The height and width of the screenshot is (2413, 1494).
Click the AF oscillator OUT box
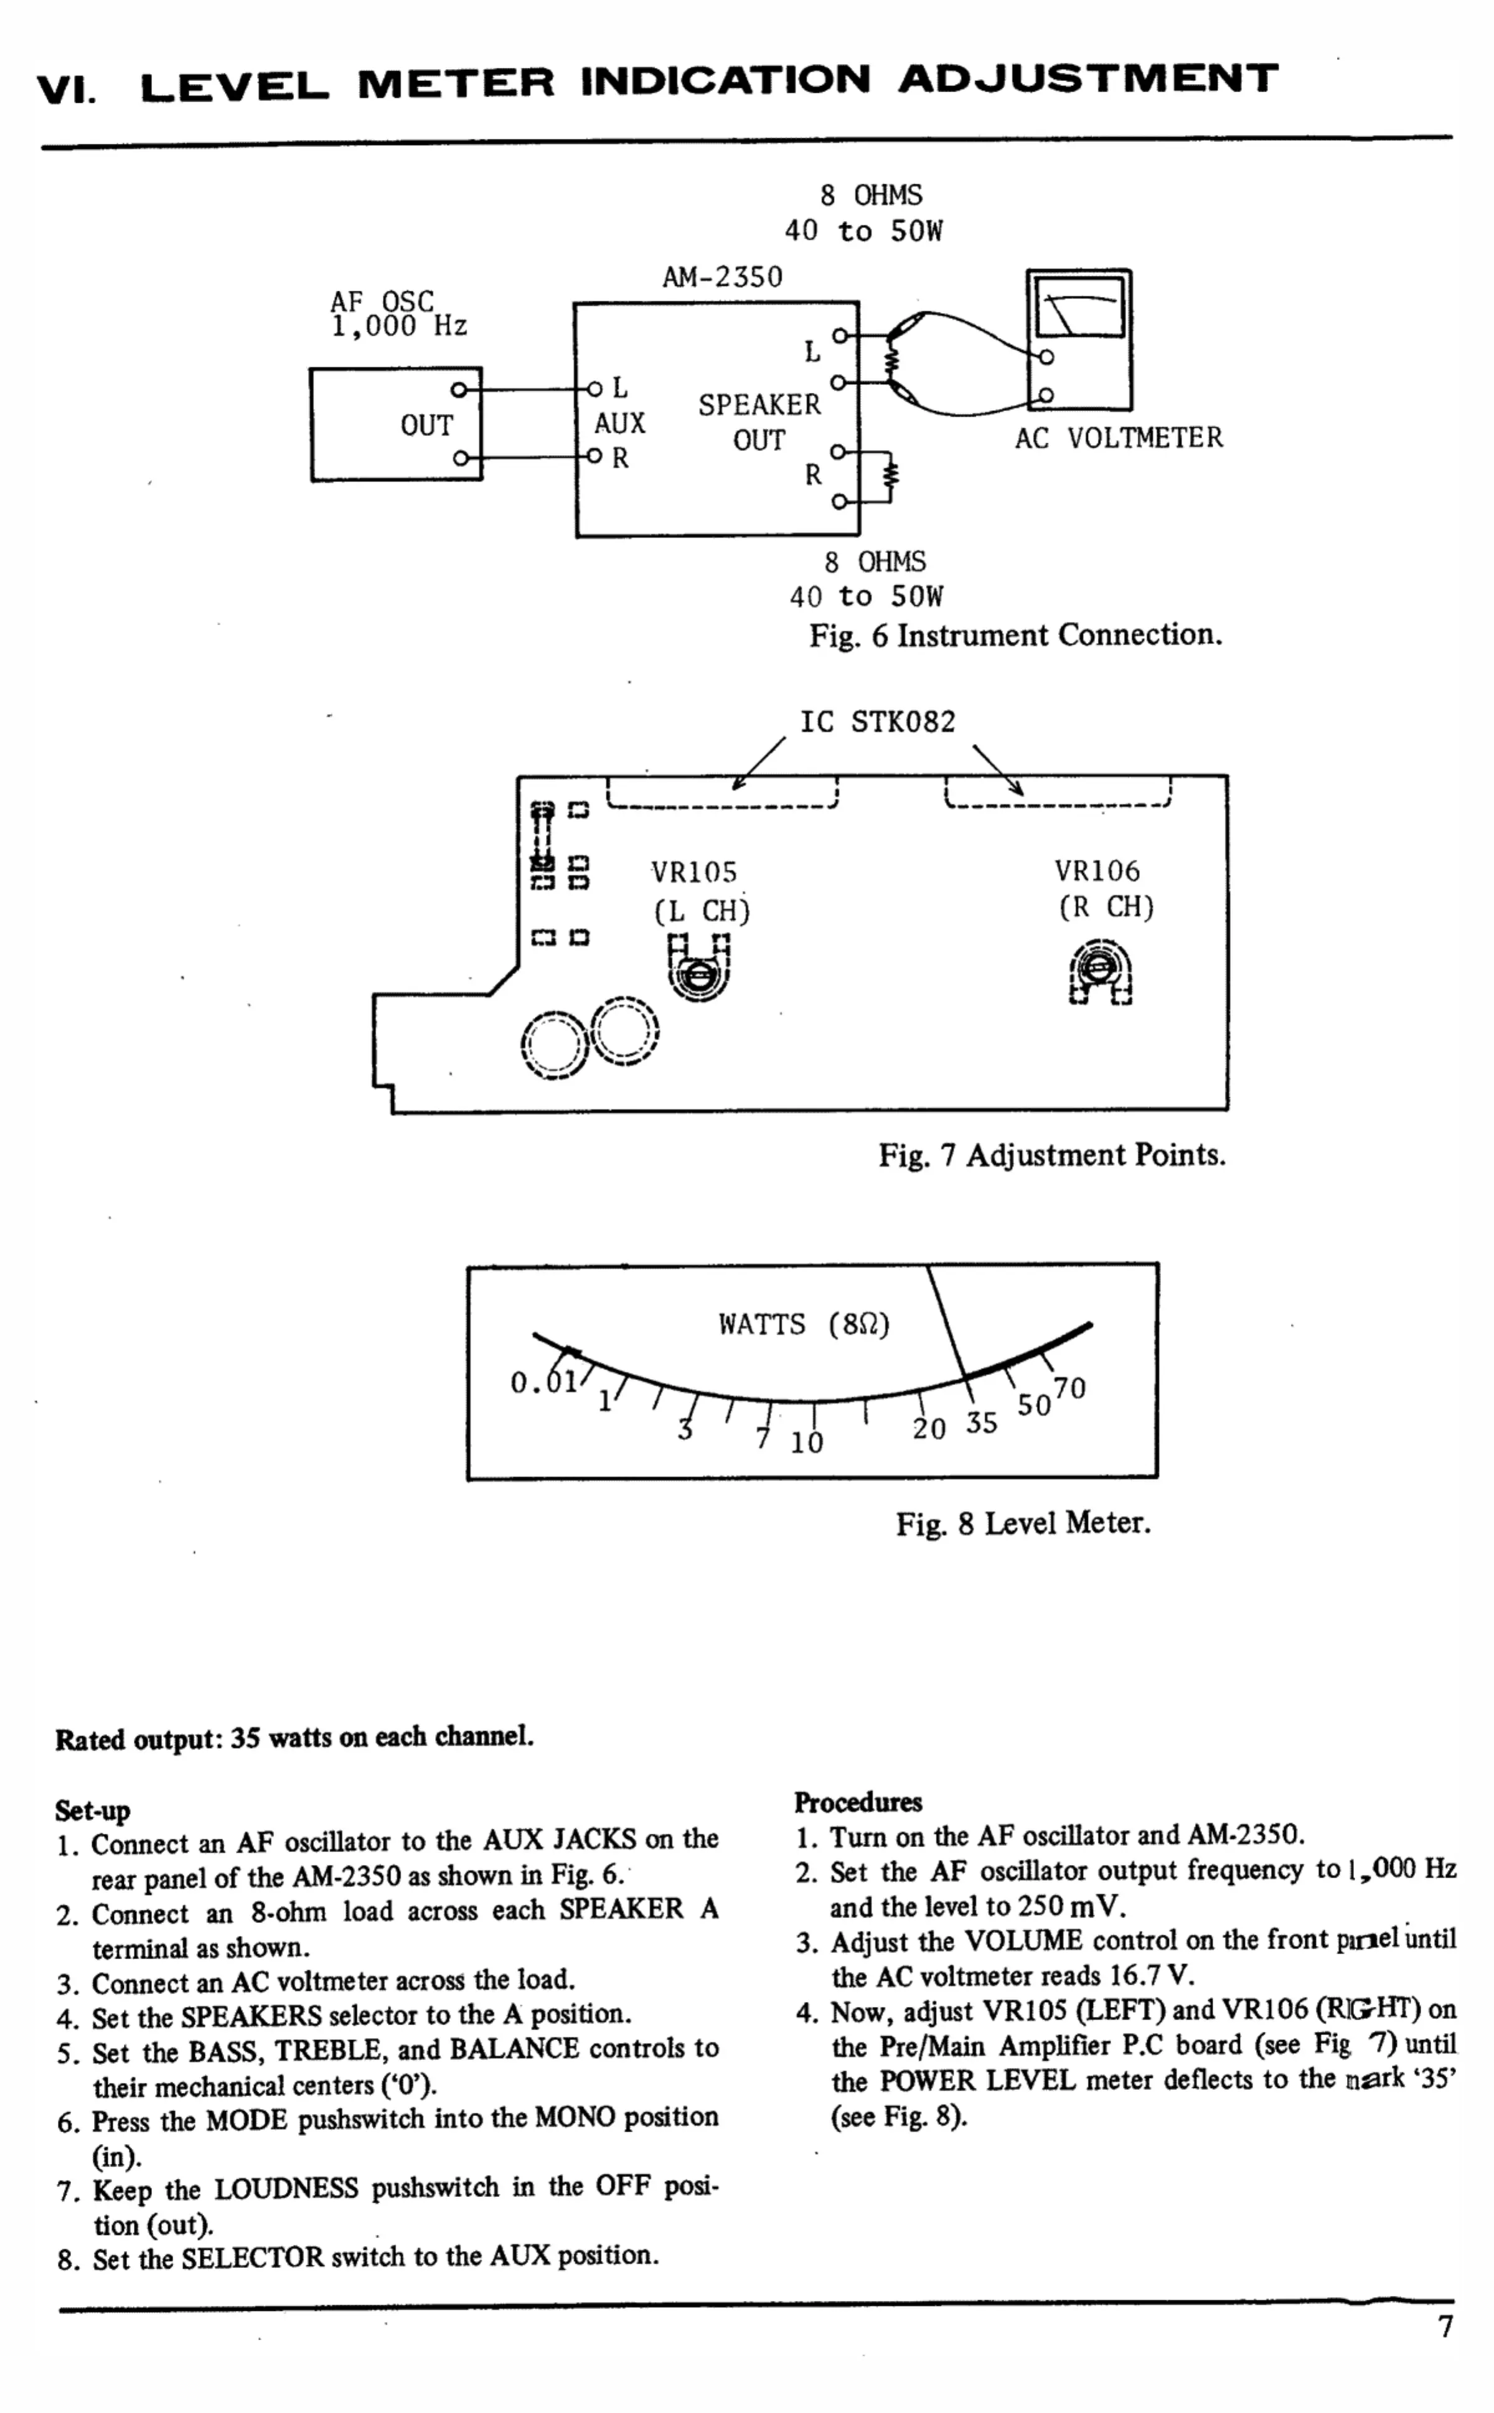coord(397,425)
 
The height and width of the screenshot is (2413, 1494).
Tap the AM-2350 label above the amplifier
coord(721,278)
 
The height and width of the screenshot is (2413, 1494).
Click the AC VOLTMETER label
coord(1119,438)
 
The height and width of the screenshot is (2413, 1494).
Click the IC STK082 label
coord(878,722)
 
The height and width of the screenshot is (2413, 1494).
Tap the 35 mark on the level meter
coord(981,1423)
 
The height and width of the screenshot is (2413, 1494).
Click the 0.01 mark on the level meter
coord(543,1381)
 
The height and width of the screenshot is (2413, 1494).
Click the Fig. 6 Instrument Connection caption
coord(1016,636)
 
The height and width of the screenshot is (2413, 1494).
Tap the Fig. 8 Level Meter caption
coord(1023,1523)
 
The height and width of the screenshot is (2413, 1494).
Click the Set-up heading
coord(93,1810)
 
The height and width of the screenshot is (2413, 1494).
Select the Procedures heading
coord(858,1802)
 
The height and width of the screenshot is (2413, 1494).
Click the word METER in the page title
coord(456,83)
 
